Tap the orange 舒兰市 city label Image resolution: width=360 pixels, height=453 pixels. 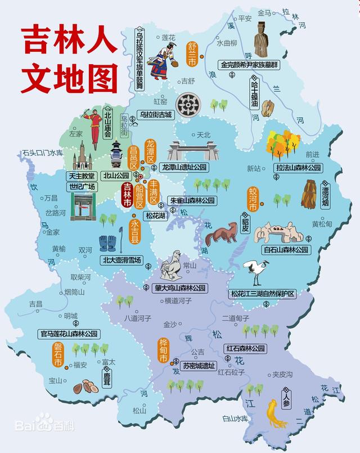[x=192, y=47]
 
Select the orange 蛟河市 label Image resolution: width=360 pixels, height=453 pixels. [x=253, y=199]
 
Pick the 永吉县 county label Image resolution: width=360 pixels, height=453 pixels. [x=135, y=231]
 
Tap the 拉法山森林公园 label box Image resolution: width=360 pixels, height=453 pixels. [x=298, y=168]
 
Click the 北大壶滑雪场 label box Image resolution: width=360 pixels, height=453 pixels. [x=122, y=260]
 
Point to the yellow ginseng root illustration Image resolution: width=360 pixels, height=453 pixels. [x=274, y=414]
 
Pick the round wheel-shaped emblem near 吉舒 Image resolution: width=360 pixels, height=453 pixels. [x=188, y=104]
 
